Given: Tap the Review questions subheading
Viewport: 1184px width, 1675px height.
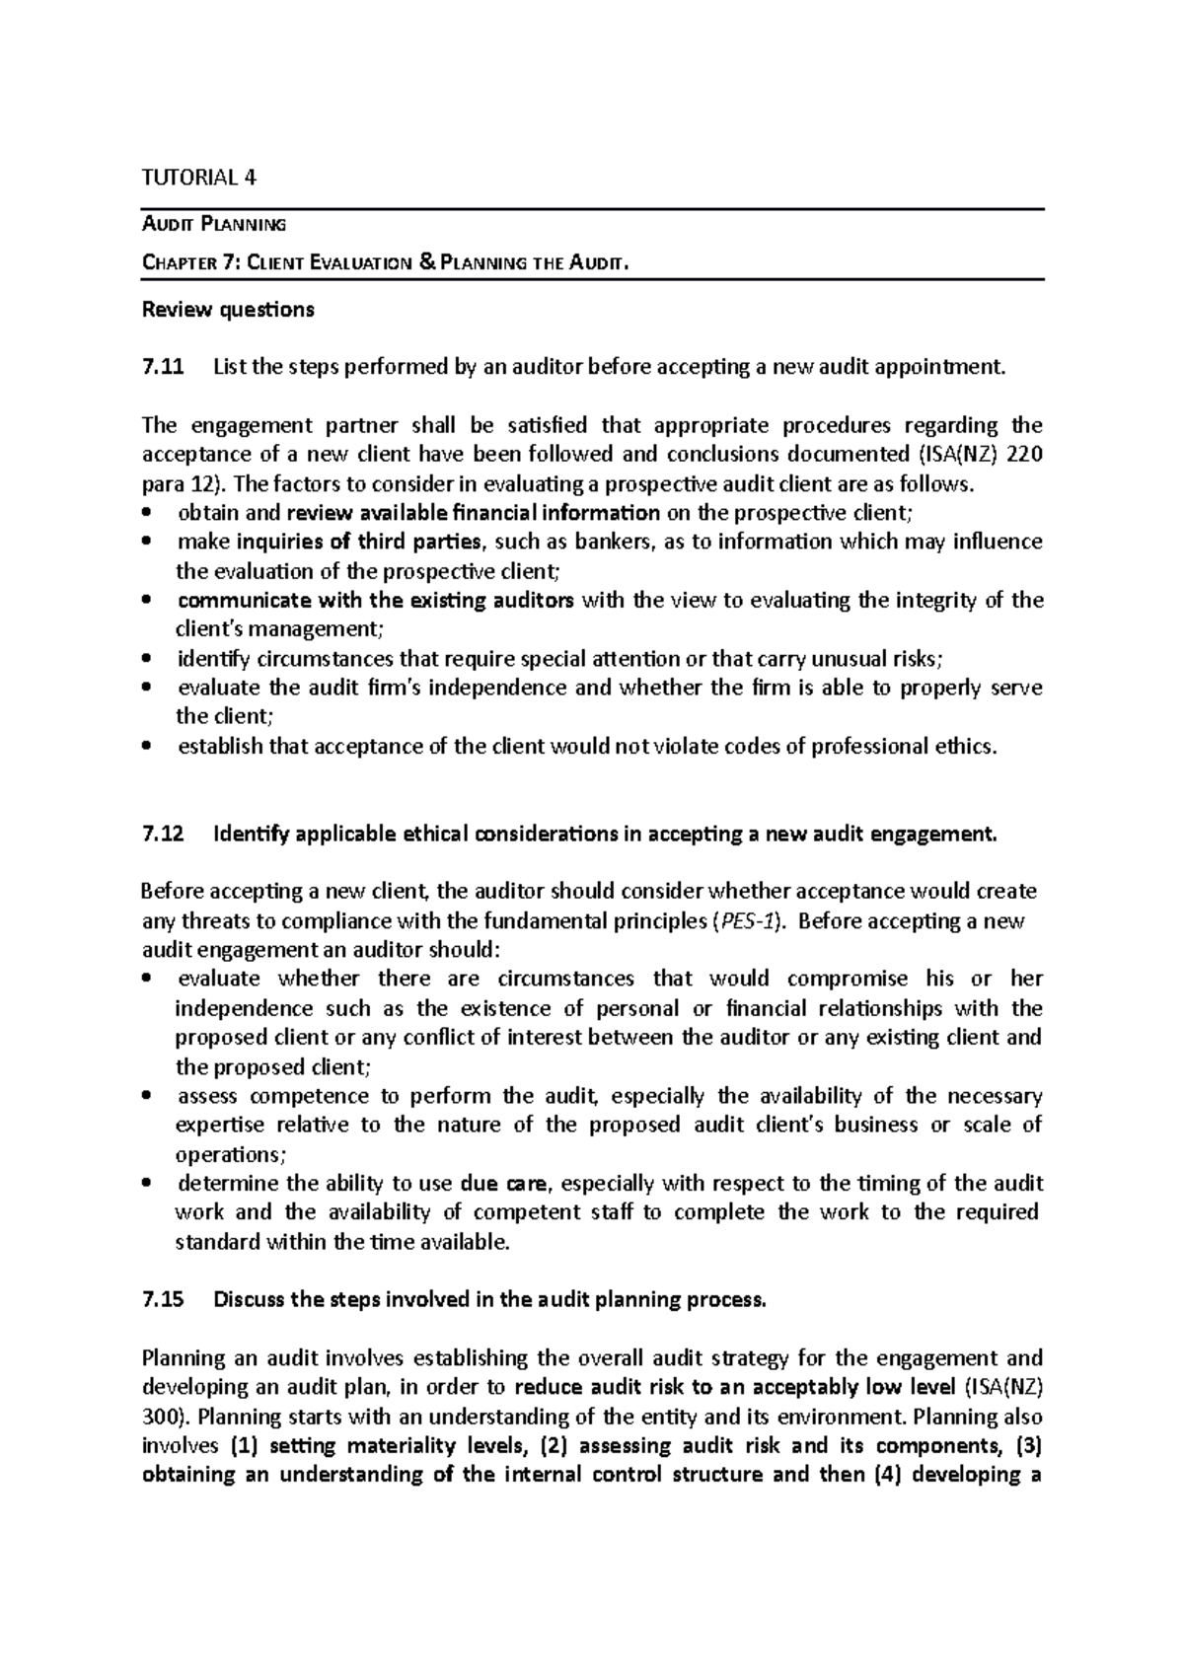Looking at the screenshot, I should click(x=228, y=310).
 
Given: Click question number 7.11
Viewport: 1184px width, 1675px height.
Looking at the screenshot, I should click(x=163, y=368).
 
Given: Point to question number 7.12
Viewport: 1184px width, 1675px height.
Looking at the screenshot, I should click(x=163, y=834).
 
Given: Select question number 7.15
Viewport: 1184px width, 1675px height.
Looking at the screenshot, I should click(x=163, y=1299).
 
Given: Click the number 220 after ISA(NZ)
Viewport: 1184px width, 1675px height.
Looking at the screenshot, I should click(x=1023, y=455).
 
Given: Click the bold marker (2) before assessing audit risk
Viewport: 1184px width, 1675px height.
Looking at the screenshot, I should click(x=589, y=1446).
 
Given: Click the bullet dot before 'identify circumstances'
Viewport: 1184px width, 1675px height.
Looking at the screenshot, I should click(x=147, y=659).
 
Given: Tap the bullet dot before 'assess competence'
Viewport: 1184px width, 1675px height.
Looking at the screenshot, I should click(x=147, y=1096).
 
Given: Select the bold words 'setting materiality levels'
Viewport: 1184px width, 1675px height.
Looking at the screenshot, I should click(x=390, y=1446).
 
